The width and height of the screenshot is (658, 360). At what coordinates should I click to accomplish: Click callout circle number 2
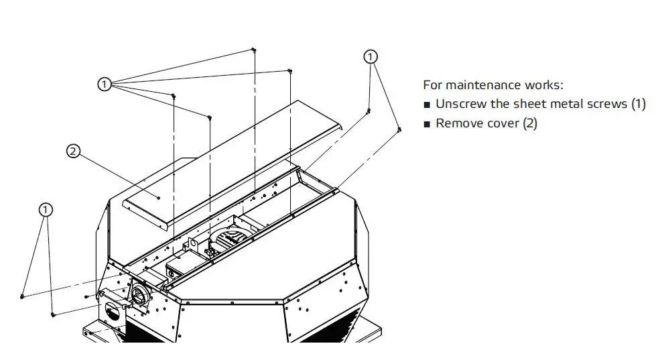(72, 151)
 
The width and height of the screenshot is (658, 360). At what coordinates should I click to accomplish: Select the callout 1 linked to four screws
(104, 84)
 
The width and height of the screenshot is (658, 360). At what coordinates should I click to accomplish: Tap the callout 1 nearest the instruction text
(371, 57)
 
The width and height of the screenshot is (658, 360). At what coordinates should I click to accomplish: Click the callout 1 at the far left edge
(45, 210)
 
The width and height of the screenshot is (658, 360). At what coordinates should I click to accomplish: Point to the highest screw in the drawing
(253, 50)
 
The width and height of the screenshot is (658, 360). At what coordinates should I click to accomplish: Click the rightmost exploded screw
(399, 129)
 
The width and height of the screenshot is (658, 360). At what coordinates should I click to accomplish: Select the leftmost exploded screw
(23, 295)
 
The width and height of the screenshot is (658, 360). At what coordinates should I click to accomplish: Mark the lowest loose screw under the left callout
(53, 313)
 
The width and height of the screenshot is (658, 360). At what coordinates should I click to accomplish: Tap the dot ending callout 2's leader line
(158, 198)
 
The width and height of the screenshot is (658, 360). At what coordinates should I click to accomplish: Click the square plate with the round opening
(113, 315)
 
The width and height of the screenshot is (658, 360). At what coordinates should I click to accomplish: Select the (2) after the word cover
(529, 123)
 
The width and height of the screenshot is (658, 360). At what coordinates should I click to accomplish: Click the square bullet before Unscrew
(427, 105)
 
